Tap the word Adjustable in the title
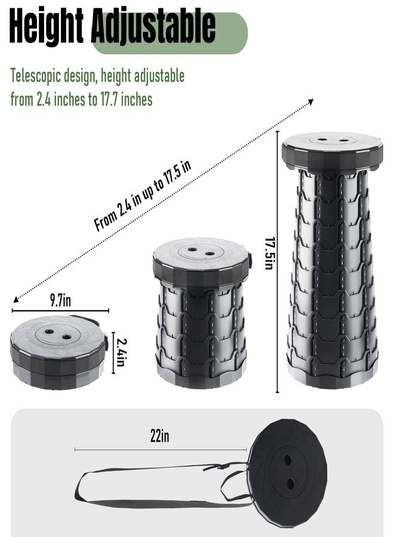tap(154, 27)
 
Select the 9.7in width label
tap(61, 300)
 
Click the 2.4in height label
tap(120, 352)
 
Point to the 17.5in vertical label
tap(270, 254)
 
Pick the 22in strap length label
tap(159, 436)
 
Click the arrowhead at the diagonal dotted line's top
tap(310, 101)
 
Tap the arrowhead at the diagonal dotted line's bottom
tap(16, 300)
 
